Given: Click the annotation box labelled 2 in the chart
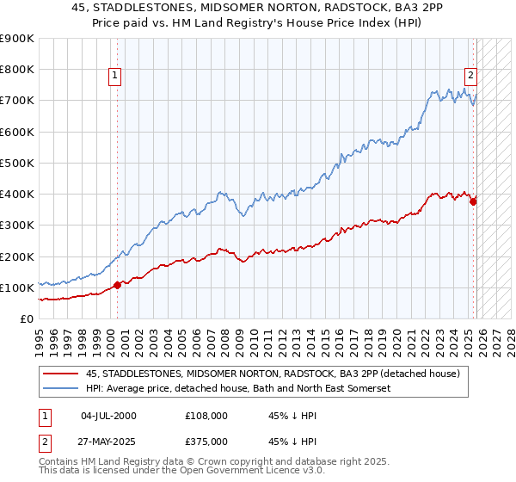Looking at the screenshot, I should [x=472, y=74].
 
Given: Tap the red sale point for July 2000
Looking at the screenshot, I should [x=117, y=285].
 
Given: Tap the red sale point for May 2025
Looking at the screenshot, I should [x=473, y=201].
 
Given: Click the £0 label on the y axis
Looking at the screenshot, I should [x=26, y=318].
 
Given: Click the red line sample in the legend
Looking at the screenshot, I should [x=61, y=374].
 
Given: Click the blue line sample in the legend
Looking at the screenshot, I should [x=61, y=388].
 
